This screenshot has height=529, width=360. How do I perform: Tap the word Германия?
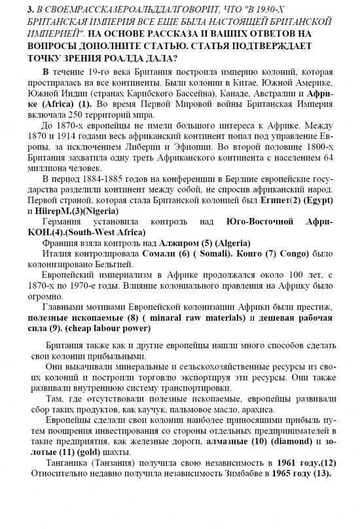pyautogui.click(x=63, y=223)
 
